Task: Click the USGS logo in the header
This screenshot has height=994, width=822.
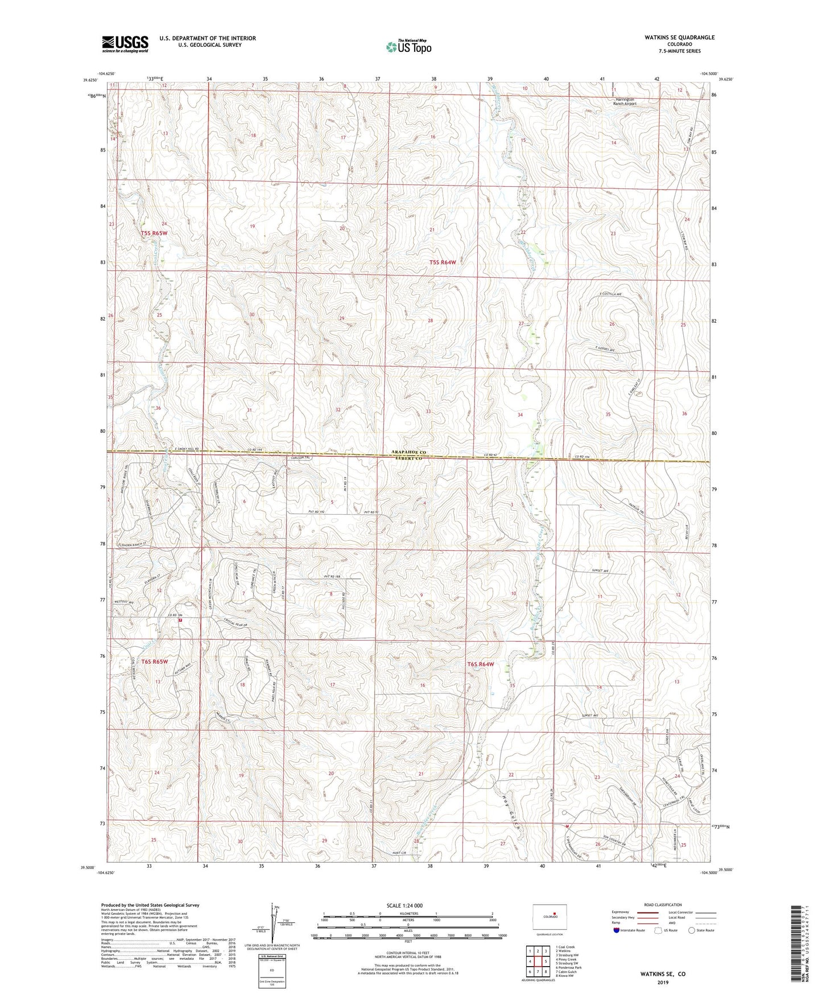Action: (x=125, y=44)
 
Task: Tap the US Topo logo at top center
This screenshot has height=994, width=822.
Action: (x=408, y=47)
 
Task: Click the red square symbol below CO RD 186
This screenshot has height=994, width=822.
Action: (x=180, y=621)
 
